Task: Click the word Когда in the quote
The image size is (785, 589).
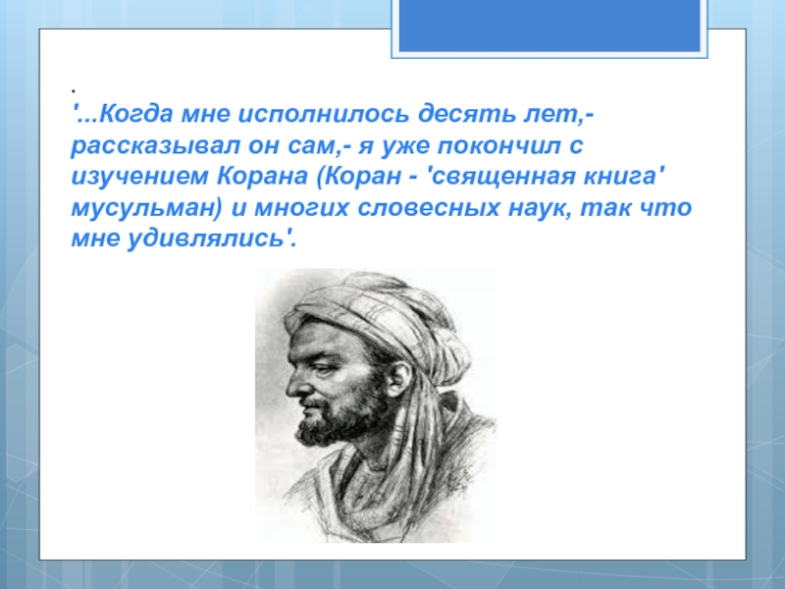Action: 136,114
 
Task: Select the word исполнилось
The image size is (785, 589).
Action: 324,114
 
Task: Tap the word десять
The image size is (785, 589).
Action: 467,114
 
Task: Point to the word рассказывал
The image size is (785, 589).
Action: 155,145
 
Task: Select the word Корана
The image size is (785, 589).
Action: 262,177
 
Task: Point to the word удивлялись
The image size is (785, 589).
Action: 206,238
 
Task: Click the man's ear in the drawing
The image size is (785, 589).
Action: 396,378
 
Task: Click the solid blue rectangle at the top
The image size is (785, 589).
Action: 549,26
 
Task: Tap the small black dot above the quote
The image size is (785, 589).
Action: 74,91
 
